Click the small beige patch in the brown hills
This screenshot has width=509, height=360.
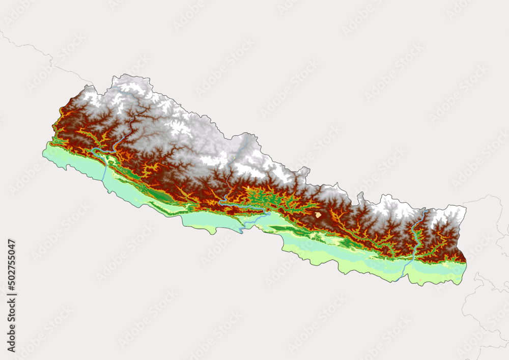pos(319,215)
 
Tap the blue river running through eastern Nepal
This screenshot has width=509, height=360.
pos(416,239)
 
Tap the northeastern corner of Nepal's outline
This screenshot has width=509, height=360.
pos(464,206)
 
